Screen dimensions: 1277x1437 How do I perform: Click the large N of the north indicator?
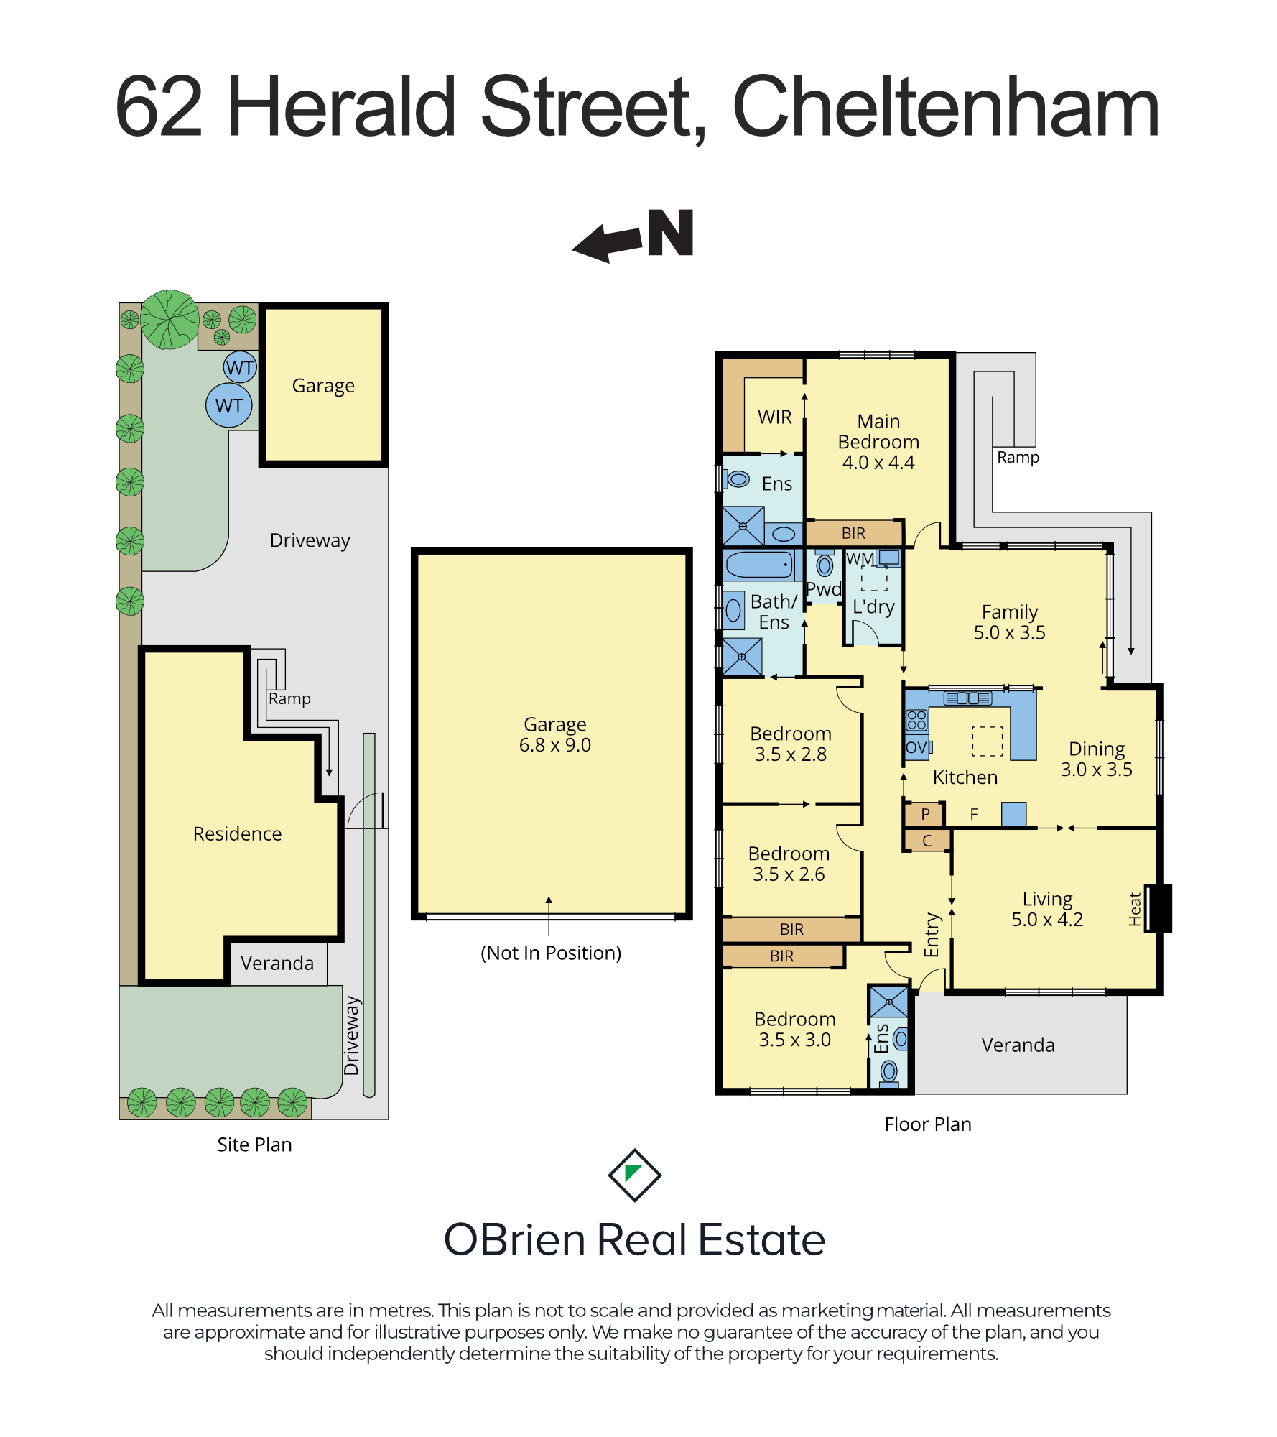tap(670, 233)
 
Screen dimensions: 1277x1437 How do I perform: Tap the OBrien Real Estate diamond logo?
tap(635, 1175)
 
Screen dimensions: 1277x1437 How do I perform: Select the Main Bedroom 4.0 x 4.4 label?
tap(878, 442)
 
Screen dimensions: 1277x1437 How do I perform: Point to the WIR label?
tap(775, 417)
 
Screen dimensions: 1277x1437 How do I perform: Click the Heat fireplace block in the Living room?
tap(1158, 909)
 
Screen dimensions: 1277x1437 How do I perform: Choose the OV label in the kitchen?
tap(916, 747)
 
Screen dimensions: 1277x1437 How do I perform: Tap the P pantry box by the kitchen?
tap(924, 814)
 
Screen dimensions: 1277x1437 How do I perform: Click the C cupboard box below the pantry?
tap(927, 841)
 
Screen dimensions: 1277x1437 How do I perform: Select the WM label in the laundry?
tap(860, 559)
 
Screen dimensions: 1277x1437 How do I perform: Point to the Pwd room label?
tap(824, 589)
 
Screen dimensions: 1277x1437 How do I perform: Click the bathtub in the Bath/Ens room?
tap(759, 565)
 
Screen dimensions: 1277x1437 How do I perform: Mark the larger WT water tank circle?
tap(229, 405)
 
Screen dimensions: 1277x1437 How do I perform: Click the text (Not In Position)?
tap(551, 953)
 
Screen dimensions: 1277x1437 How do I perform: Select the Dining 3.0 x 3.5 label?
tap(1097, 759)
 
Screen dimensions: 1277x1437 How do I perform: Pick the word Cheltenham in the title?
tap(946, 107)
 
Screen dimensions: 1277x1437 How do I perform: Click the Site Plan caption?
tap(254, 1145)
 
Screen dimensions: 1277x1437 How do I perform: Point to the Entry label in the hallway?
tap(932, 935)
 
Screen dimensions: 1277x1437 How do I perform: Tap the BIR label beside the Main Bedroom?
tap(853, 533)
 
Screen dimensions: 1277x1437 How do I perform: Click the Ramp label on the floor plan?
tap(1018, 457)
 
